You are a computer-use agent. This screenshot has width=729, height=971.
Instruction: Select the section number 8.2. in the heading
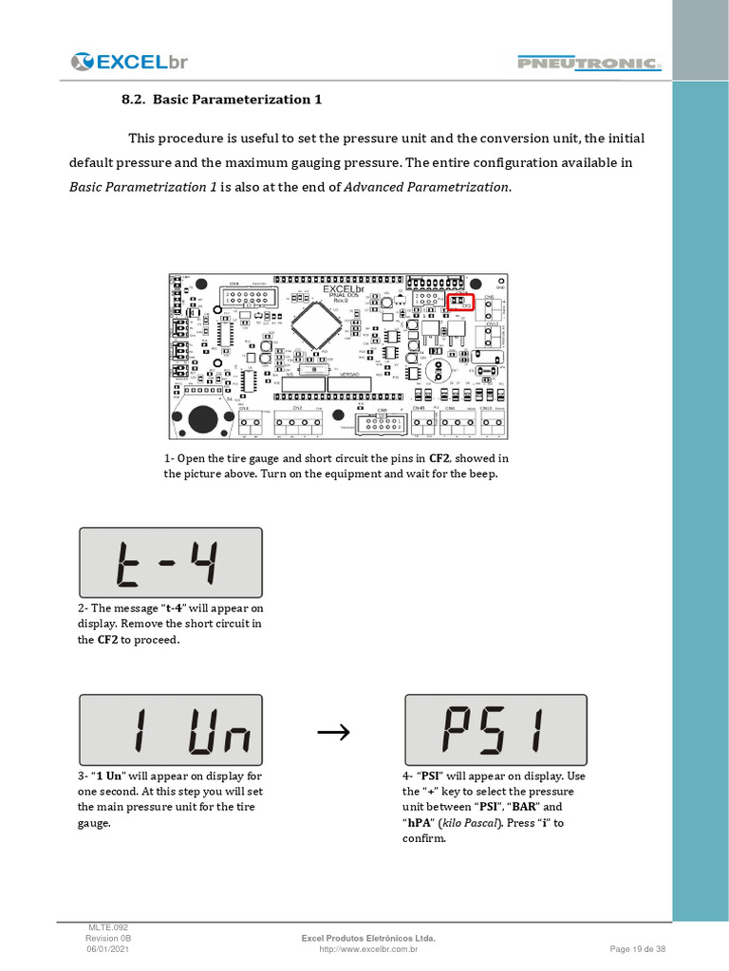[x=133, y=99]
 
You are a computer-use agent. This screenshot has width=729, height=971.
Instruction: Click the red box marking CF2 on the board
[x=460, y=302]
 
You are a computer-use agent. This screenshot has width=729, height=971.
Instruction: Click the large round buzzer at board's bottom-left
[x=202, y=417]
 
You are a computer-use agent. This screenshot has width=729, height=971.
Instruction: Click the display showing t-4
[x=170, y=562]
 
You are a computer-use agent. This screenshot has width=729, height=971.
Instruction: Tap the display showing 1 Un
[x=170, y=729]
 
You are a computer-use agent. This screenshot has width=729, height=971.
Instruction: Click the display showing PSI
[x=495, y=729]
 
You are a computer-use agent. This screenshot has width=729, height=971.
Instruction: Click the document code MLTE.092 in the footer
[x=103, y=926]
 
